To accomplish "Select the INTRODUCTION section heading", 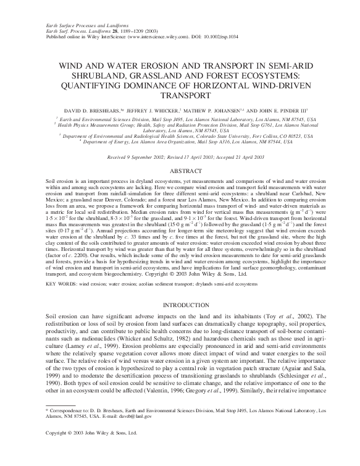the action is tap(180, 305).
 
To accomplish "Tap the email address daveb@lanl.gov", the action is tap(151, 434).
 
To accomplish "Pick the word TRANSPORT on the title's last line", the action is tap(180, 96).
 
